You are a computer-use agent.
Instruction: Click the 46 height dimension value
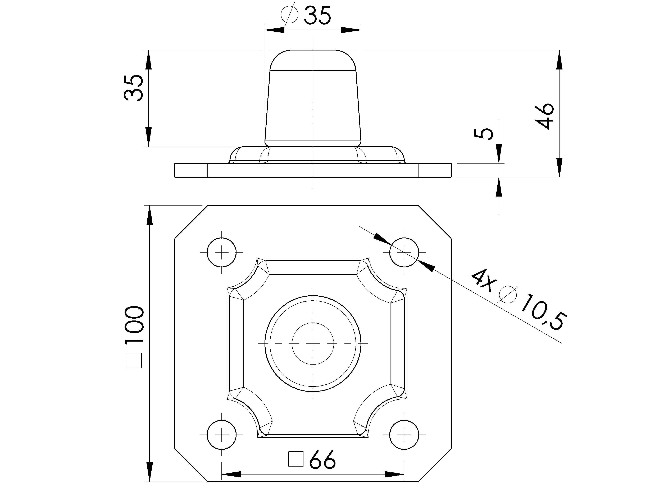544,116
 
